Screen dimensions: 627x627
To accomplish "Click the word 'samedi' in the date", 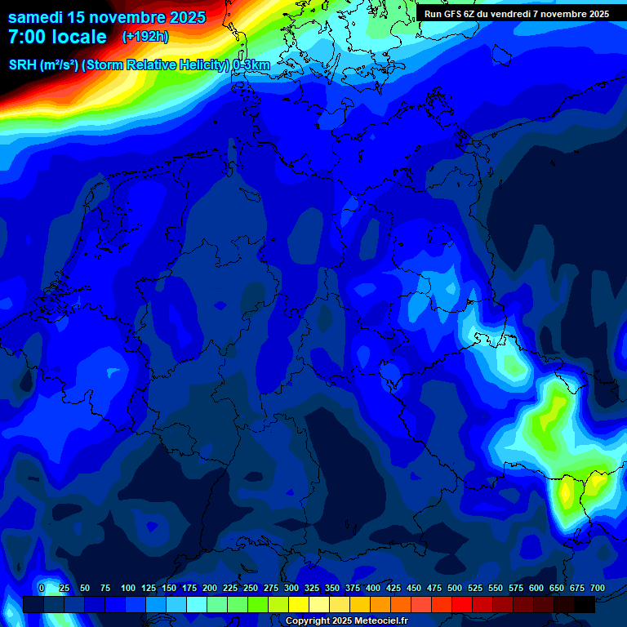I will click(x=37, y=17).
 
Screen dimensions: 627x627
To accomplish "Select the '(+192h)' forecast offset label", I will click(x=145, y=36).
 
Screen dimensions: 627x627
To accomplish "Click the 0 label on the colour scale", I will click(x=42, y=588).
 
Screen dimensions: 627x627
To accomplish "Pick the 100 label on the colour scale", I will click(x=128, y=588).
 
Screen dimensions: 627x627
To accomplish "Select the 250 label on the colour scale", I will click(x=251, y=588).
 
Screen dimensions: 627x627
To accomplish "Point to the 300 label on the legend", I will click(x=291, y=588).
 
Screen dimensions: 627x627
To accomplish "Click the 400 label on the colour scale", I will click(x=373, y=588).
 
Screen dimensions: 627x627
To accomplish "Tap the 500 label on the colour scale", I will click(x=455, y=588).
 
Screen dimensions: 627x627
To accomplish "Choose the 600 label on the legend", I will click(x=536, y=588).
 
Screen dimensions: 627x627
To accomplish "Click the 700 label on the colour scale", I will click(x=598, y=588).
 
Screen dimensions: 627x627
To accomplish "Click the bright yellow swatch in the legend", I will click(x=298, y=604).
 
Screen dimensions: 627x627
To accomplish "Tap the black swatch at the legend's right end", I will click(x=585, y=604).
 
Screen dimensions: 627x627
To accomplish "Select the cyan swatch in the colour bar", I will click(x=196, y=604).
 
